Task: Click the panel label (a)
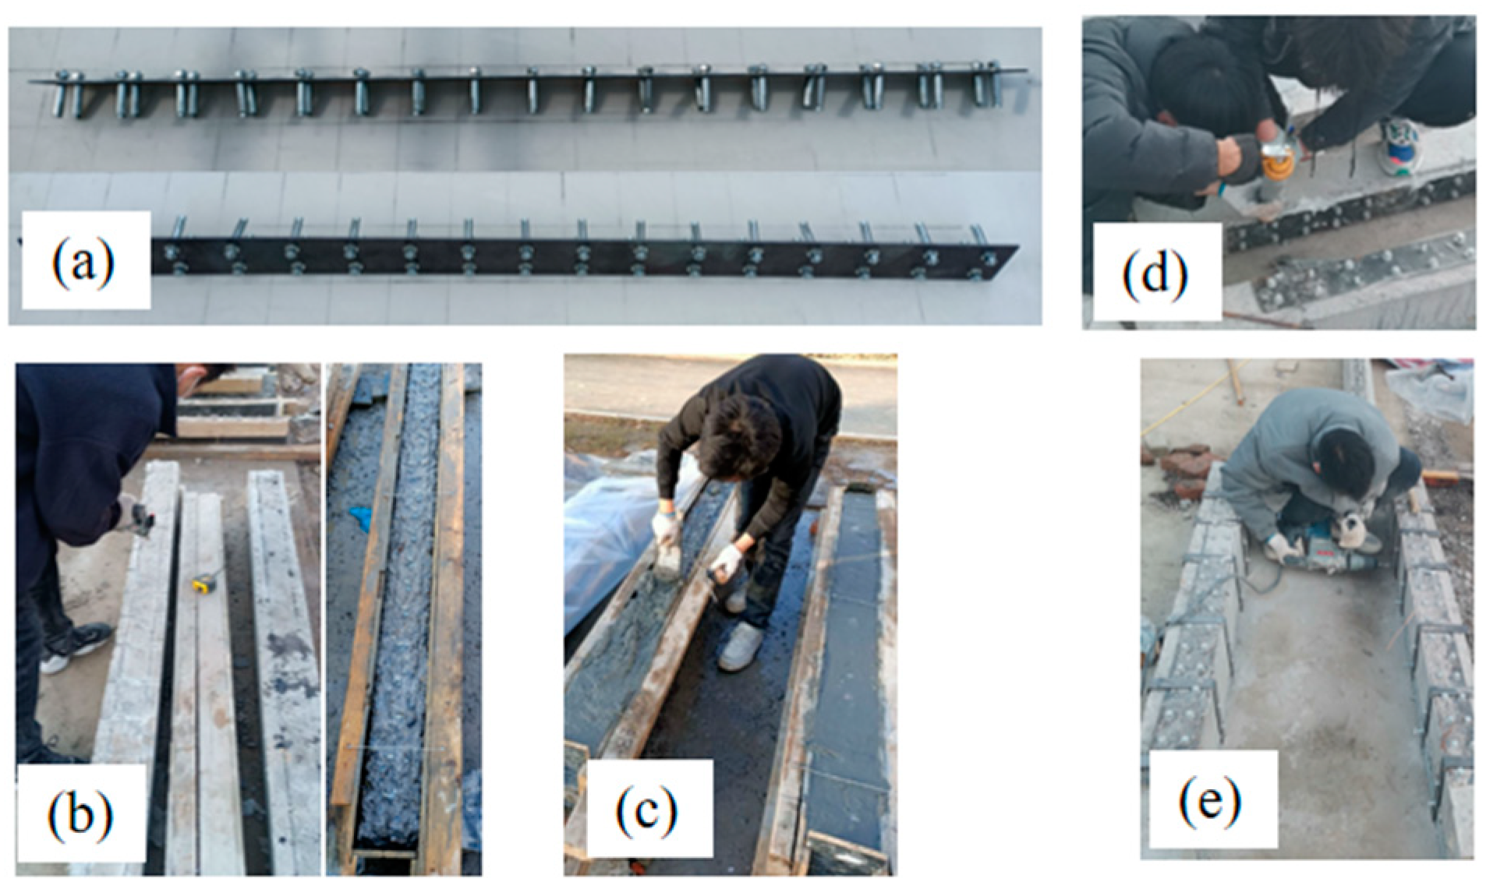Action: click(x=84, y=260)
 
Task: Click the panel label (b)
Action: click(x=80, y=812)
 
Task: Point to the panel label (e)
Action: click(x=1208, y=799)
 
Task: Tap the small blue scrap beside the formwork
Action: click(x=360, y=517)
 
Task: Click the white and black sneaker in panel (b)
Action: click(x=74, y=647)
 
